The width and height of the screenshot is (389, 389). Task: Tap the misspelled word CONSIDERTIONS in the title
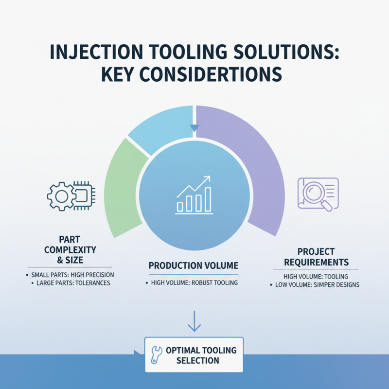click(214, 75)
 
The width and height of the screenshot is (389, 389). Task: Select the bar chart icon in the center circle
click(194, 194)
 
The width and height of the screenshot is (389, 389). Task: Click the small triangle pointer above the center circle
click(194, 128)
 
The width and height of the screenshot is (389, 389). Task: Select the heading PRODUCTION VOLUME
click(194, 265)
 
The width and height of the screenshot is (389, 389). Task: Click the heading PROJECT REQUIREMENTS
click(316, 257)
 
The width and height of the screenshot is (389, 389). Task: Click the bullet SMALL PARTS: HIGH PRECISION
click(72, 275)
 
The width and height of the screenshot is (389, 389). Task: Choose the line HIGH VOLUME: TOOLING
click(315, 276)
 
